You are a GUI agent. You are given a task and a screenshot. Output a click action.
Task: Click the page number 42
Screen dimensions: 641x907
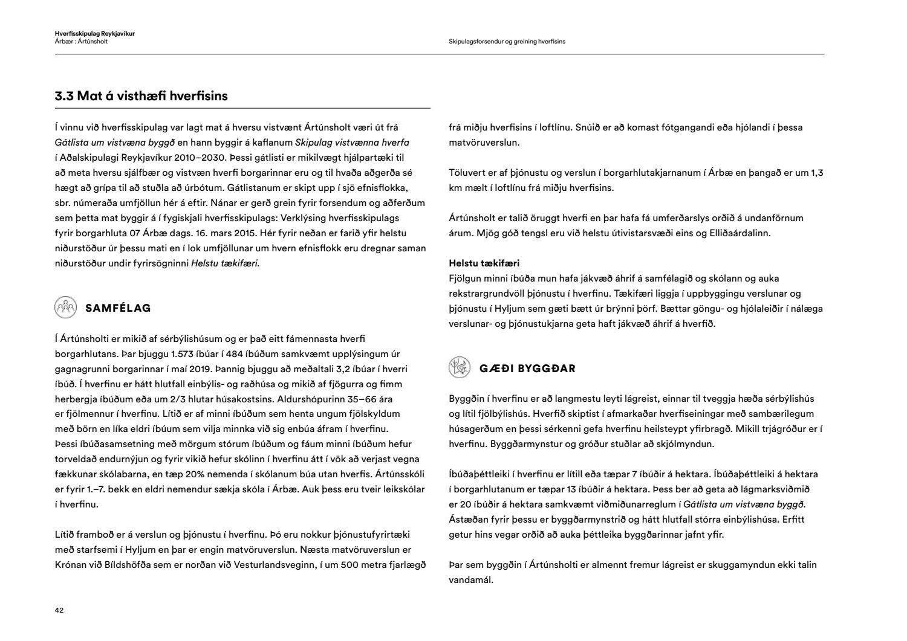[59, 610]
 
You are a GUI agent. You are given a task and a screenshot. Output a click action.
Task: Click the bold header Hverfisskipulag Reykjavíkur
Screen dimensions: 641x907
[94, 33]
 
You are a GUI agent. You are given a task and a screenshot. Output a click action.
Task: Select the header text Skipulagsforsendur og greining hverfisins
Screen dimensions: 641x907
[507, 42]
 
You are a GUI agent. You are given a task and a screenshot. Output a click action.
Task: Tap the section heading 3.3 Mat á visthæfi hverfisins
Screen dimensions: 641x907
[141, 96]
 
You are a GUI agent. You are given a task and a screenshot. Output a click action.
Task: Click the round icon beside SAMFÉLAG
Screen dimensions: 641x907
[65, 308]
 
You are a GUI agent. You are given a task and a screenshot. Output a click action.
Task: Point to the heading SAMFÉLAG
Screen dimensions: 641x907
[118, 308]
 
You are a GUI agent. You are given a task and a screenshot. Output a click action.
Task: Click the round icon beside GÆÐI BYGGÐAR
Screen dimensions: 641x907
[460, 368]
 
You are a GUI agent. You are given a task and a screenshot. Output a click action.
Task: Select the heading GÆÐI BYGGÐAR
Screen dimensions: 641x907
[527, 369]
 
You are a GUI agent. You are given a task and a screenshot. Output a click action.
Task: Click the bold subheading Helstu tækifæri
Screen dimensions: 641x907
[484, 263]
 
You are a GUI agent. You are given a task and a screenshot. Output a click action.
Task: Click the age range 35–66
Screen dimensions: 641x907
[363, 399]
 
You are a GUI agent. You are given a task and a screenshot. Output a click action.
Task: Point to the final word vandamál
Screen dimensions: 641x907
[471, 580]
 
